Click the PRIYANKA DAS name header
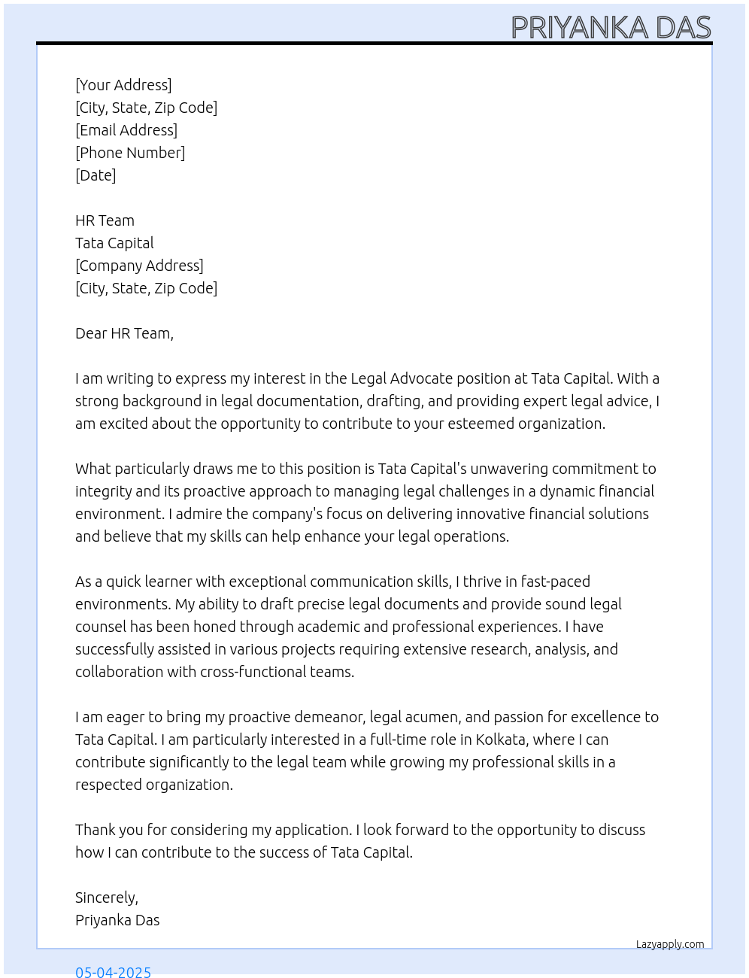tap(611, 28)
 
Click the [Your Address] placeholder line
tap(123, 85)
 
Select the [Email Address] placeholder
tap(126, 130)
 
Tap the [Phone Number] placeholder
tap(130, 153)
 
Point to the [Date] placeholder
tap(96, 175)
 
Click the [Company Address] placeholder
tap(139, 266)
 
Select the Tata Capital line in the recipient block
tap(114, 243)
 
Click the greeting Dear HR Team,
tap(124, 333)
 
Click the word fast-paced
tap(556, 582)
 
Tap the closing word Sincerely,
tap(107, 898)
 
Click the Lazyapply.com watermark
tap(670, 944)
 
